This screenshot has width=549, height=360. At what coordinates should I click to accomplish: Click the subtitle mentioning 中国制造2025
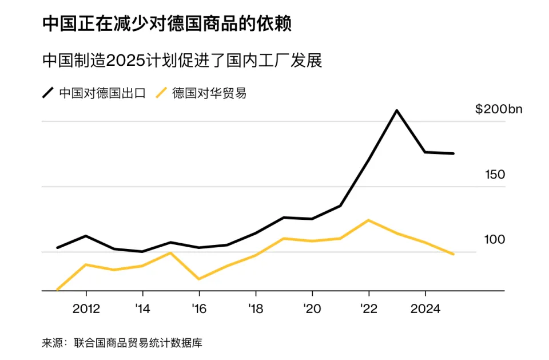click(182, 61)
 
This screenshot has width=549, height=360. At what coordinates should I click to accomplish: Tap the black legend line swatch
click(48, 93)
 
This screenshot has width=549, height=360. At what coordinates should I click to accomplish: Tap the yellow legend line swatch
click(162, 93)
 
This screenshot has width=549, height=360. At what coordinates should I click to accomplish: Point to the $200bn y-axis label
click(499, 110)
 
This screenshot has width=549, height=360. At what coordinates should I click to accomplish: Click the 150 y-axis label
click(495, 175)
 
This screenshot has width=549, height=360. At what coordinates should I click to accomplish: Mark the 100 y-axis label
click(495, 239)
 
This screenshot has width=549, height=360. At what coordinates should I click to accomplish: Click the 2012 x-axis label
click(86, 309)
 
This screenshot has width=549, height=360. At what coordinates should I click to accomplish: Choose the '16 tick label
click(198, 309)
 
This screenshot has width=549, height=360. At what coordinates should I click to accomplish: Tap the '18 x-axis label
click(255, 309)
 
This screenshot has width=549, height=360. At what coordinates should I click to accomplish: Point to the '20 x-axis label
click(311, 309)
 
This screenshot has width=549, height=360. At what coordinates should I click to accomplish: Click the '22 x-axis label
click(368, 309)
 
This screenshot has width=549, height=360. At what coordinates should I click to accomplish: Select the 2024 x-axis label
click(425, 309)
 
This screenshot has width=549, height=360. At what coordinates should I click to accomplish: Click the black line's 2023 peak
click(397, 110)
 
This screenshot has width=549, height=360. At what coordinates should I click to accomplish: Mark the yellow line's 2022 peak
click(369, 220)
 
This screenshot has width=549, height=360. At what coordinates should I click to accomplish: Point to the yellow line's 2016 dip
click(198, 279)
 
